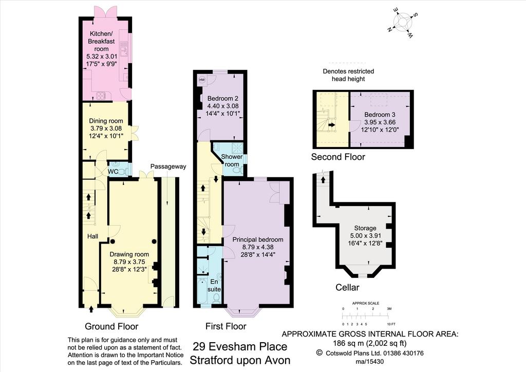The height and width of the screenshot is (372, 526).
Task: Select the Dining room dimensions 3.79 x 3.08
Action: [106, 128]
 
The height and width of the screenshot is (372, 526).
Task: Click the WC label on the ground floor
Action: [112, 172]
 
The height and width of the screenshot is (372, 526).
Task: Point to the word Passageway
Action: [168, 166]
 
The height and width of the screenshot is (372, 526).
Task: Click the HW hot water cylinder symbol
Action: [202, 80]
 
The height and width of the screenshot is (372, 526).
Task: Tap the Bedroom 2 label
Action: [223, 98]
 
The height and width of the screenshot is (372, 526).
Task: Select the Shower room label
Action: [232, 160]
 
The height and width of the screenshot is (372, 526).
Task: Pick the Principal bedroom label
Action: [258, 239]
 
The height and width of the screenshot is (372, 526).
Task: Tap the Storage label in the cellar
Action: [365, 228]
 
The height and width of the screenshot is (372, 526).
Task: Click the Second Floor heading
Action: [338, 157]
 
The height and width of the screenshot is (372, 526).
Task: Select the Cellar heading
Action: [348, 287]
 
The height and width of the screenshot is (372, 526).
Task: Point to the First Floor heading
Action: [226, 326]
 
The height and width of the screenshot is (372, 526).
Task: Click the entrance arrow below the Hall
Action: [91, 309]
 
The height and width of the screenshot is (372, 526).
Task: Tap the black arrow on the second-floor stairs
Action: [332, 125]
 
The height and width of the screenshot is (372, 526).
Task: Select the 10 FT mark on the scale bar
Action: [391, 324]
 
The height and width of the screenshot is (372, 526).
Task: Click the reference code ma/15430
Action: [369, 362]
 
